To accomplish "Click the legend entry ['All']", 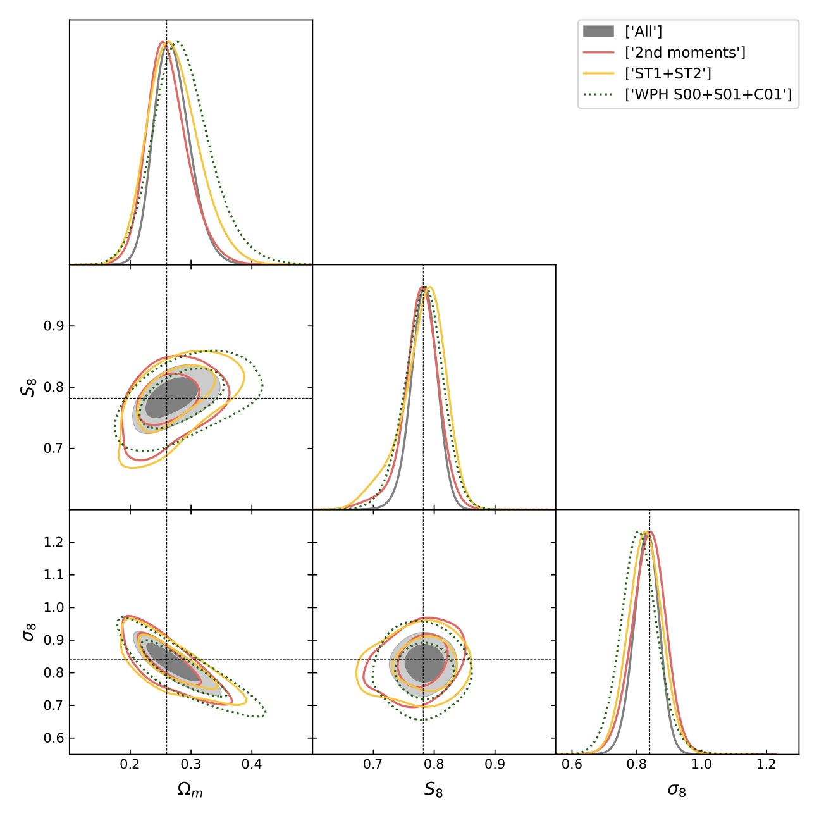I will click(643, 32).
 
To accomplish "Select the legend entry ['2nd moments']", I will click(684, 53).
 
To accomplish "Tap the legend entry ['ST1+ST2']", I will click(667, 73).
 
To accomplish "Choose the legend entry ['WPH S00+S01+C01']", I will click(708, 95).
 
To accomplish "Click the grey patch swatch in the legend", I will click(598, 32).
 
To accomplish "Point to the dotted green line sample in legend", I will click(598, 95).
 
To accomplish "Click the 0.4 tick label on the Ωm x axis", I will click(252, 764).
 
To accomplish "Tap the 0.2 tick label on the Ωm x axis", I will click(130, 764).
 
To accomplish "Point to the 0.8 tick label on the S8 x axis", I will click(434, 764).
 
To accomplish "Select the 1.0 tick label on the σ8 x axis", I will click(701, 764).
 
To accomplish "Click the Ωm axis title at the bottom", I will click(190, 790).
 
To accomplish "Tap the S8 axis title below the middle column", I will click(434, 790).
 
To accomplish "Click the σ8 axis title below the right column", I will click(677, 790).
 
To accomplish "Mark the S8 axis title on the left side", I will click(28, 387).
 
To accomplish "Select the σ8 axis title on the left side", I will click(28, 631).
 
